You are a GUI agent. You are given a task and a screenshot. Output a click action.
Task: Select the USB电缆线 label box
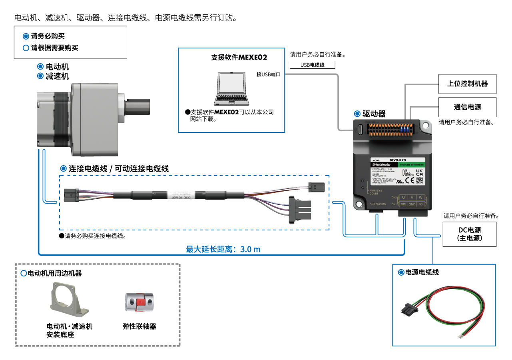[x=312, y=65]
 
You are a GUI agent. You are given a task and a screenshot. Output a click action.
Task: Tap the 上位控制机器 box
[x=467, y=84]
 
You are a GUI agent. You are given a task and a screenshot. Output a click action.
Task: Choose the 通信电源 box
[x=467, y=107]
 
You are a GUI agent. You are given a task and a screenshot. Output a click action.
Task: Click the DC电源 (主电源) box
[x=469, y=234]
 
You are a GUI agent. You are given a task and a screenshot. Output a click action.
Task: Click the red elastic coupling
[x=138, y=303]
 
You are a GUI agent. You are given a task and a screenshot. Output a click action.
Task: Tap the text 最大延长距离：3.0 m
[x=223, y=249]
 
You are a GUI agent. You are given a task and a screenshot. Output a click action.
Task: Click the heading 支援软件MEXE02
[x=239, y=57]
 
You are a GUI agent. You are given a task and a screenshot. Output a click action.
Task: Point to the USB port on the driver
[x=360, y=130]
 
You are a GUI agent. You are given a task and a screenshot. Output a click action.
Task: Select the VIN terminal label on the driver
[x=403, y=204]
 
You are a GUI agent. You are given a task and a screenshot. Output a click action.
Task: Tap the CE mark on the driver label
[x=410, y=180]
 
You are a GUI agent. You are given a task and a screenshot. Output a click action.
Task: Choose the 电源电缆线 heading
[x=422, y=272]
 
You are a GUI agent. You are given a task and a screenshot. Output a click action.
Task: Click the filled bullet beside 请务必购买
[x=26, y=36]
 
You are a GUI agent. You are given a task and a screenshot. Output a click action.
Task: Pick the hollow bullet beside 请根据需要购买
[x=26, y=48]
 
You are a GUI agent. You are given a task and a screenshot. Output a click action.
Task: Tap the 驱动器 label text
[x=374, y=114]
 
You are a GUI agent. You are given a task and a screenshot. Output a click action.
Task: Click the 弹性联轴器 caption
[x=139, y=326]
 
